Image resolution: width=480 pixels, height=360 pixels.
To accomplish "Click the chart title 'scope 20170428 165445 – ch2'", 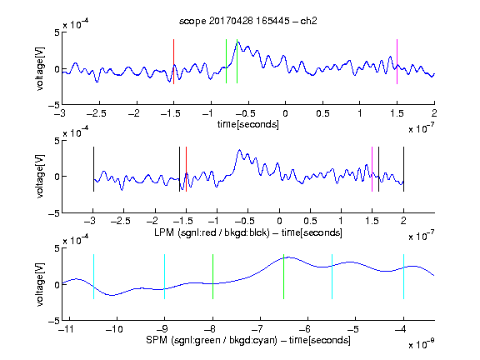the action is click(x=247, y=21).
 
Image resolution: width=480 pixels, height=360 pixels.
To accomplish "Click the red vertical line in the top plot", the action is click(x=173, y=62).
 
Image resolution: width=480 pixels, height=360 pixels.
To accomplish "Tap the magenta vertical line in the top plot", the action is click(x=397, y=62).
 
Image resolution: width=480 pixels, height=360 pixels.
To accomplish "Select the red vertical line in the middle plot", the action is click(x=186, y=169).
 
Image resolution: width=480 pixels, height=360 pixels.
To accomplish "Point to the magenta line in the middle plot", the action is click(x=372, y=169).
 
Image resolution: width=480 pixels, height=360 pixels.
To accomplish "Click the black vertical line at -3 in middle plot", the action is click(x=93, y=169).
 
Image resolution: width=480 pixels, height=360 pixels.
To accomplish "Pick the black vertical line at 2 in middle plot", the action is click(x=403, y=169).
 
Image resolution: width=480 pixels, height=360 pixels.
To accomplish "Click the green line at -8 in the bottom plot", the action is click(x=212, y=277).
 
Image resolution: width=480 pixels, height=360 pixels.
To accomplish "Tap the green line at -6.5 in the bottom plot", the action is click(x=284, y=277).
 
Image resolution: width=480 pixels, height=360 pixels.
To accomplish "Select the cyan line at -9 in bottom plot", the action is click(x=165, y=277).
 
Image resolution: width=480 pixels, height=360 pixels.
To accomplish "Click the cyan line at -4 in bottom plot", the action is click(x=403, y=277).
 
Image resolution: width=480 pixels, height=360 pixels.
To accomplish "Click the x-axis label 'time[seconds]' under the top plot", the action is click(x=248, y=125).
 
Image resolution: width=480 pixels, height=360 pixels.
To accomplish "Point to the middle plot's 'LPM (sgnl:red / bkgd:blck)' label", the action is click(x=212, y=232).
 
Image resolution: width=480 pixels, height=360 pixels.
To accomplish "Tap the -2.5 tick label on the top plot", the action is click(x=97, y=113).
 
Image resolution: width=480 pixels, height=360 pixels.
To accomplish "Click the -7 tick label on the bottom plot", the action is click(x=260, y=329).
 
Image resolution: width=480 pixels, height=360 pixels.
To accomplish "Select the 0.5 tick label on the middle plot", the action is click(x=310, y=221).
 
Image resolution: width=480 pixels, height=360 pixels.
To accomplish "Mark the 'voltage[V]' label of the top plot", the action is click(x=40, y=69).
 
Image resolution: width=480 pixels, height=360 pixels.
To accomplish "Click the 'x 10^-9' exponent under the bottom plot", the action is click(x=422, y=344).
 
